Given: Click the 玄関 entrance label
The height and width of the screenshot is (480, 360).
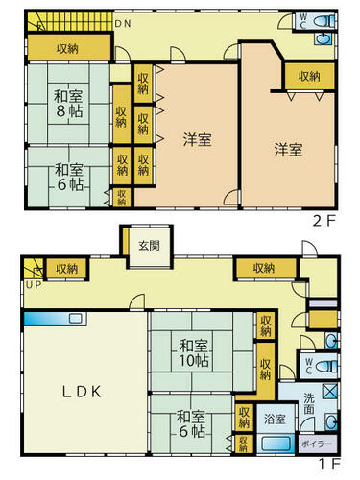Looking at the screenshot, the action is click(150, 246).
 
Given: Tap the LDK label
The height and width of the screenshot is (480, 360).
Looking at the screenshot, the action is click(82, 392).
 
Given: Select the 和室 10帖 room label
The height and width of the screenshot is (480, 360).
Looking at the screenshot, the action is click(193, 353).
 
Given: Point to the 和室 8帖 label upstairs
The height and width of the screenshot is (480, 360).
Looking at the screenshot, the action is click(68, 104).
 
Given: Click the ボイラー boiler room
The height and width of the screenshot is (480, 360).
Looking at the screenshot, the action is click(317, 444).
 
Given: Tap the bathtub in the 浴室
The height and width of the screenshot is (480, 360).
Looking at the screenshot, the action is click(276, 444).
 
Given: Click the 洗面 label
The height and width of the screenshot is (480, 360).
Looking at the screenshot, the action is click(309, 403).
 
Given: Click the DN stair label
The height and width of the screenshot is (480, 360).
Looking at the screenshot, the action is click(123, 24).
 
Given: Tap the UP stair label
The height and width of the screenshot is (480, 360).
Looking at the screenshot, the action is click(34, 285).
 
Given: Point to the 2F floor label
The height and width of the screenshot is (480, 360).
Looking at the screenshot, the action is click(324, 221).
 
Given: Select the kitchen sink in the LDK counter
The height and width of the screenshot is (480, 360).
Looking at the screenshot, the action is click(77, 318).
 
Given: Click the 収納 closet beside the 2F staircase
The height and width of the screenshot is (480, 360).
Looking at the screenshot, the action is click(69, 48).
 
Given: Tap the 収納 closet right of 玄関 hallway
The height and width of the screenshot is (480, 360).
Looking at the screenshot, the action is click(266, 268).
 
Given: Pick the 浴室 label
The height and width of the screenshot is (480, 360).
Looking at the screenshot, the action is click(275, 420).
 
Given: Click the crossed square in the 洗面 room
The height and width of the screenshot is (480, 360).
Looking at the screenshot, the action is click(330, 391).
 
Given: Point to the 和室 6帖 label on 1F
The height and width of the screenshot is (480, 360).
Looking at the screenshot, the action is click(191, 424).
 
